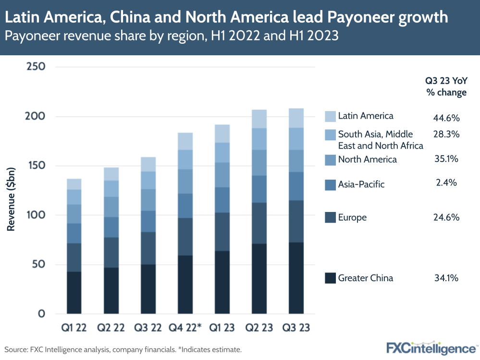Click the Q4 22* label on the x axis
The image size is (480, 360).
click(185, 328)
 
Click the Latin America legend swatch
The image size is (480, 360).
click(330, 116)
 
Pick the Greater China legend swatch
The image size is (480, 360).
click(330, 278)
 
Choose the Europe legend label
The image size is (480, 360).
click(352, 218)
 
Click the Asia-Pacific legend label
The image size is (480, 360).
click(361, 184)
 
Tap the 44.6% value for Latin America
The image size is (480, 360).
click(446, 118)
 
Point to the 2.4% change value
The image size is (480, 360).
click(446, 183)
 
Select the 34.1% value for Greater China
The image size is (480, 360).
click(446, 278)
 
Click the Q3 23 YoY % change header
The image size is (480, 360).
click(446, 87)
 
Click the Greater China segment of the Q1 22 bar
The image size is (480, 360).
click(74, 293)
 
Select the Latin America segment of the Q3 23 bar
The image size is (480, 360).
click(296, 118)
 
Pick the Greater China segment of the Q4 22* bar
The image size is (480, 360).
click(185, 285)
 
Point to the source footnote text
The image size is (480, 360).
click(123, 349)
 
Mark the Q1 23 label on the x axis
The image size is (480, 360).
click(222, 328)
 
